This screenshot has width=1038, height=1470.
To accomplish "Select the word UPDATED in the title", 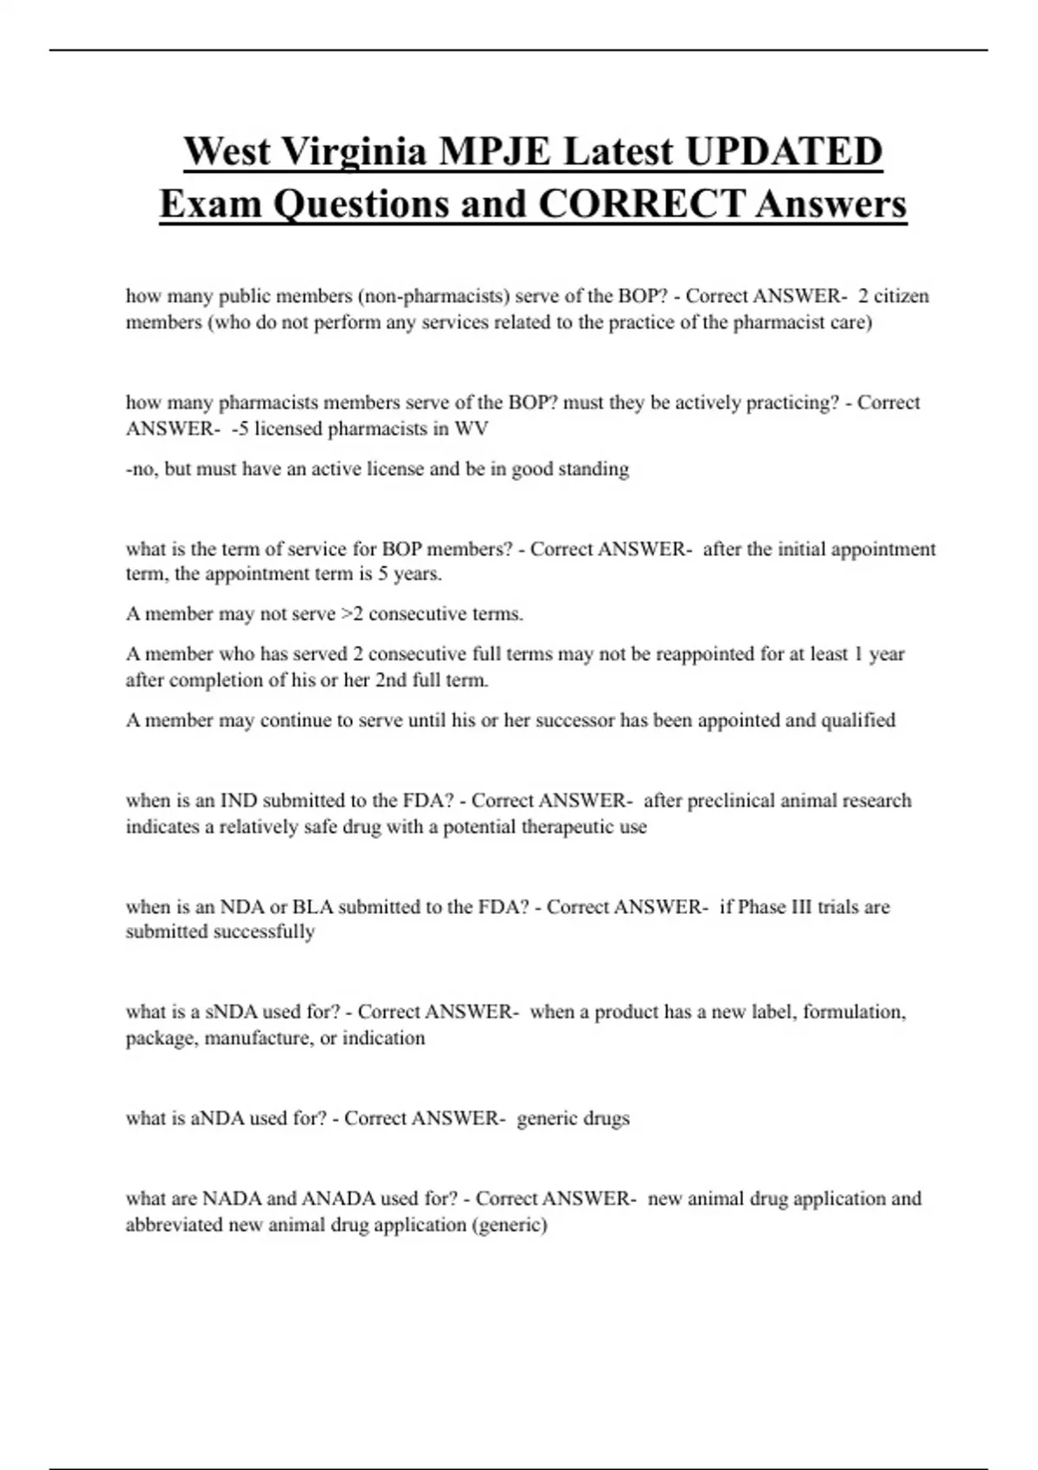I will (x=784, y=151).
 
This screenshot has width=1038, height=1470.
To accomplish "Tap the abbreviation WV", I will (x=475, y=429).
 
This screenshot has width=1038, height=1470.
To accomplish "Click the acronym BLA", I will (x=312, y=907).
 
